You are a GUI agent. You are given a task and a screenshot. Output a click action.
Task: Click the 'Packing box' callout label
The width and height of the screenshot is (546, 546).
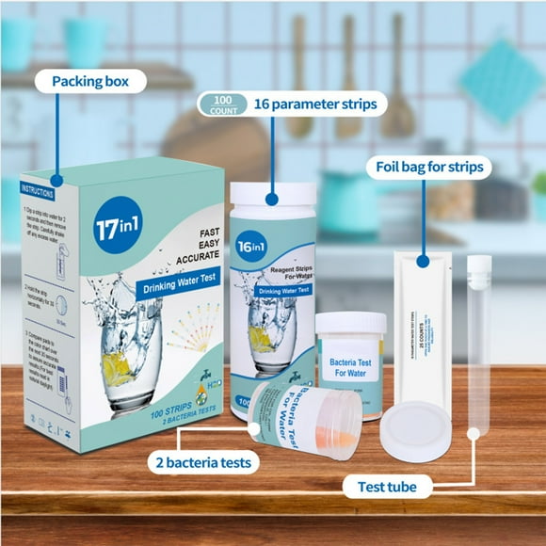(92, 81)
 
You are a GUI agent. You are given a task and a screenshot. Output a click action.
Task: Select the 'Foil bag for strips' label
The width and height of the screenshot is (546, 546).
(428, 168)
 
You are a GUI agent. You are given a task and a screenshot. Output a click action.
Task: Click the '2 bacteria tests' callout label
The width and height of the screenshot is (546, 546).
(201, 461)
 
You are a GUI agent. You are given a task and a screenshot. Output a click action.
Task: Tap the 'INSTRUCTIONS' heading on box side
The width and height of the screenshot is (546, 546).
(37, 189)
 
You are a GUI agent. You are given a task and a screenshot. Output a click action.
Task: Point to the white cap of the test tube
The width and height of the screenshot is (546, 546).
(479, 265)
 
